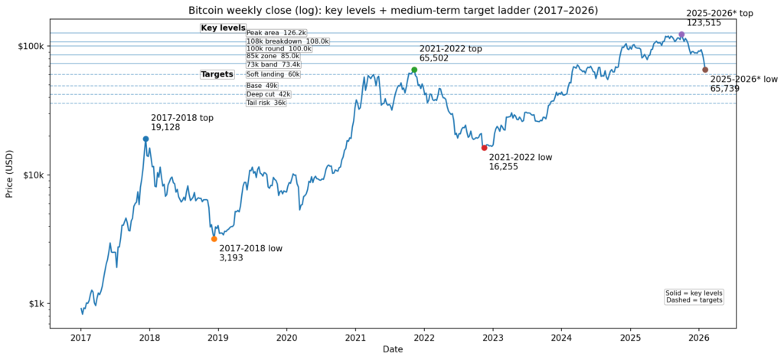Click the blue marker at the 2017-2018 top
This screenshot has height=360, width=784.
(x=145, y=139)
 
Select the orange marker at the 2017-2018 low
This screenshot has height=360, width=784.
(x=214, y=239)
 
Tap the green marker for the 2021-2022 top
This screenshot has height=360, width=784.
(x=414, y=70)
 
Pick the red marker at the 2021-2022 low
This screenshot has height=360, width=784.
(x=484, y=148)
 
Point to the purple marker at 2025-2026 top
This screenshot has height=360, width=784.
(x=681, y=34)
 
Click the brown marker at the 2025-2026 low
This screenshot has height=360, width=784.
(x=705, y=70)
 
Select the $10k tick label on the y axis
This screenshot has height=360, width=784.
(x=30, y=175)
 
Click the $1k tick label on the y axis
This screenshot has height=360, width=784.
(x=32, y=303)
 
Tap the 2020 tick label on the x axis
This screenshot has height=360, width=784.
(x=286, y=337)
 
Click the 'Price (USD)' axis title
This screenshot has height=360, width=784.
(x=10, y=175)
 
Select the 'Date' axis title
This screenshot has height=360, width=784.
(x=394, y=349)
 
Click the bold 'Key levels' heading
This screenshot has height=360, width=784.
(x=223, y=28)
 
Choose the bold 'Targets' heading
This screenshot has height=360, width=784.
(x=217, y=74)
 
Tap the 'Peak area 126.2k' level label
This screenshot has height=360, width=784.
(x=276, y=33)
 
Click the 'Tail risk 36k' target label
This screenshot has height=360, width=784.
(x=266, y=103)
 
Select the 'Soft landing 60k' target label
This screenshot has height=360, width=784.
(x=273, y=74)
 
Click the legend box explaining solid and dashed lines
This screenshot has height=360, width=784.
(x=694, y=297)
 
